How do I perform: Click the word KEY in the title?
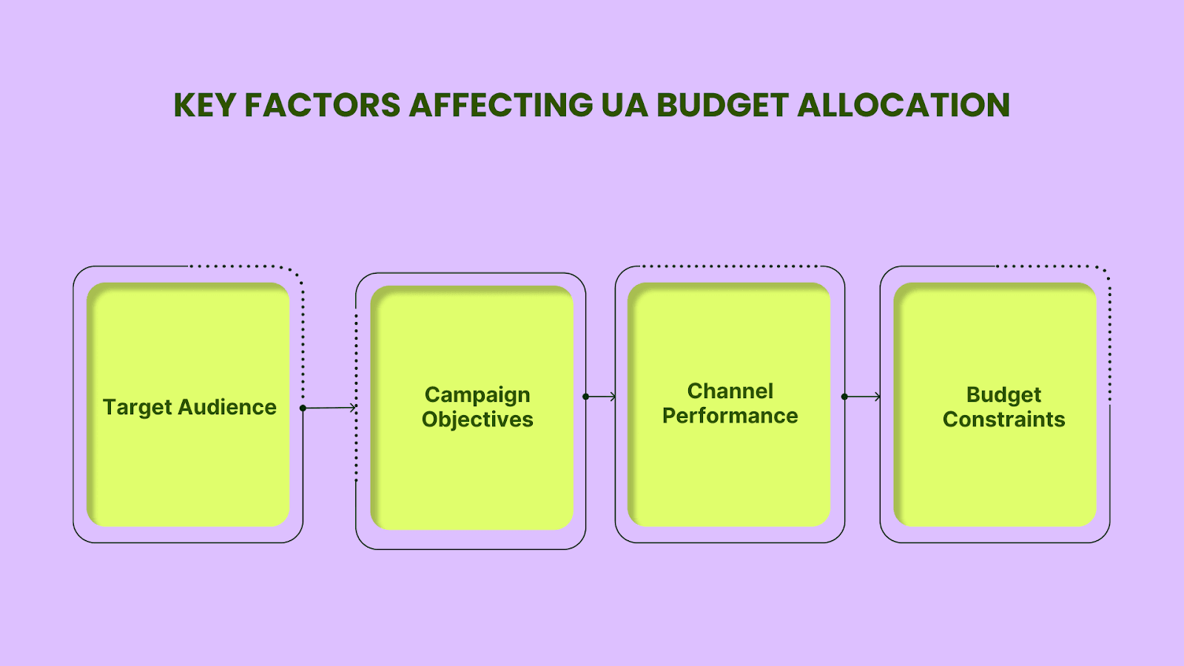pyautogui.click(x=204, y=104)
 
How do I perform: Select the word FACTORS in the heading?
pyautogui.click(x=323, y=104)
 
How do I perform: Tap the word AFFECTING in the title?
pyautogui.click(x=501, y=104)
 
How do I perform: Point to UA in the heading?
pyautogui.click(x=625, y=104)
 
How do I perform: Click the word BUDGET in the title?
pyautogui.click(x=723, y=104)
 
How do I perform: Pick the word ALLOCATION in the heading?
pyautogui.click(x=904, y=104)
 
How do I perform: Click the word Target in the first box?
pyautogui.click(x=138, y=408)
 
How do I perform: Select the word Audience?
pyautogui.click(x=227, y=407)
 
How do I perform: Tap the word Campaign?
pyautogui.click(x=477, y=396)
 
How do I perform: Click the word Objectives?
pyautogui.click(x=477, y=420)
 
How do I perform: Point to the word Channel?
pyautogui.click(x=730, y=391)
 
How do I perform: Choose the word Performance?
pyautogui.click(x=730, y=415)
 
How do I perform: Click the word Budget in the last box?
pyautogui.click(x=1003, y=395)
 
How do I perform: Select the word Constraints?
pyautogui.click(x=1003, y=420)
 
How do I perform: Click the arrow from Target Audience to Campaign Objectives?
pyautogui.click(x=329, y=408)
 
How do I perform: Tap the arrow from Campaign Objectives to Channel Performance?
pyautogui.click(x=600, y=397)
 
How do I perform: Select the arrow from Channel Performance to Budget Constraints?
pyautogui.click(x=862, y=397)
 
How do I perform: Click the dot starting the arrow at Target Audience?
pyautogui.click(x=303, y=408)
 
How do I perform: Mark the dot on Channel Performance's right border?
pyautogui.click(x=844, y=397)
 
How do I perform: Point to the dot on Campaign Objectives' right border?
pyautogui.click(x=585, y=397)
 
